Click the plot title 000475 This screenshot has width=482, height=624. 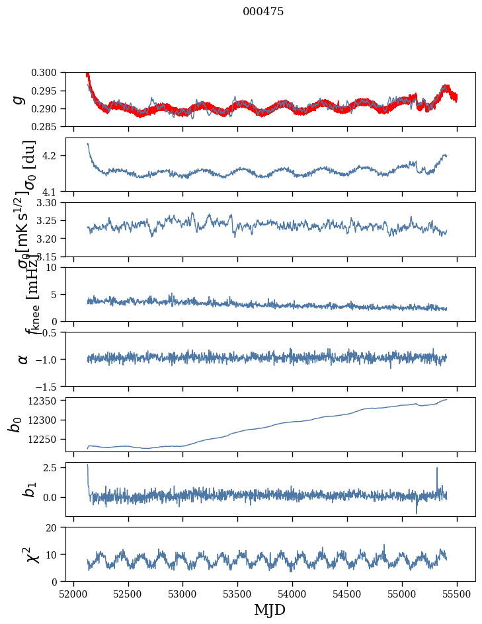click(x=263, y=12)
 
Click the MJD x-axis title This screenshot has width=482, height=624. click(x=270, y=609)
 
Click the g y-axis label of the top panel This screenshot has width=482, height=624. click(x=19, y=99)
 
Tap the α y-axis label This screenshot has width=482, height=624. click(x=23, y=359)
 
